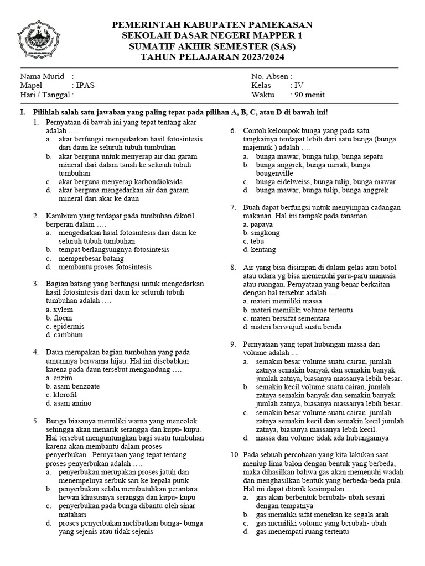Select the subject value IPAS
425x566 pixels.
click(x=85, y=86)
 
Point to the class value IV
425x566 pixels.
click(x=297, y=86)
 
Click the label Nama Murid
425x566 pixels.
click(x=42, y=76)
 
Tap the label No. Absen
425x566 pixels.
click(x=272, y=76)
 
